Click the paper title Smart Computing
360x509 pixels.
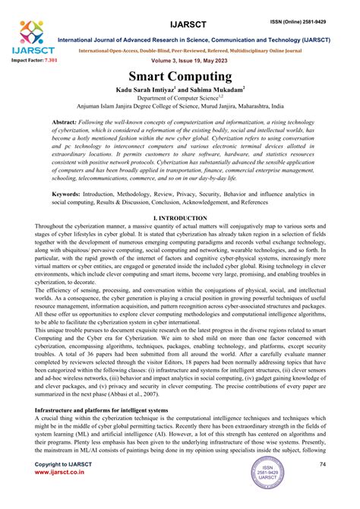pyautogui.click(x=180, y=77)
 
